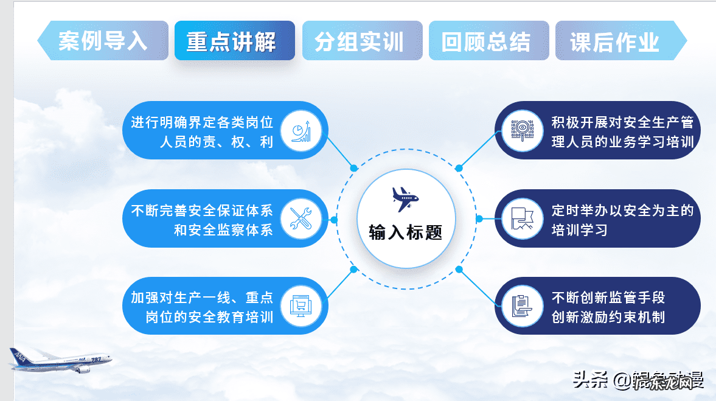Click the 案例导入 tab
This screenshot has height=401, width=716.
(x=103, y=41)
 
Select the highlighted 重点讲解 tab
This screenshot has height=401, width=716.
(x=232, y=41)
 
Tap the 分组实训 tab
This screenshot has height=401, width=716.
(x=360, y=41)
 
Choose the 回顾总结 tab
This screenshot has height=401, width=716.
(x=486, y=41)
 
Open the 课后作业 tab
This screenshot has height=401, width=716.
(x=615, y=41)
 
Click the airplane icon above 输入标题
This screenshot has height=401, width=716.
(x=405, y=198)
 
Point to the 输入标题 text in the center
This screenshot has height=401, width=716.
(x=406, y=231)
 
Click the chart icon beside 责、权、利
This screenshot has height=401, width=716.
(x=301, y=131)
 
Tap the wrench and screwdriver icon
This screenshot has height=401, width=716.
(x=301, y=218)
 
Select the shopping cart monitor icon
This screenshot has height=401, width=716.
(x=301, y=305)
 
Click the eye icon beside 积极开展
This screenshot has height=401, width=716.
(x=523, y=131)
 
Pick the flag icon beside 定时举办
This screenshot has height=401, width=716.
(x=523, y=218)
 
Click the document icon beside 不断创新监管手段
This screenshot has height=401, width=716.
(x=523, y=305)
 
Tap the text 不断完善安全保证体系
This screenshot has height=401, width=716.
(x=202, y=211)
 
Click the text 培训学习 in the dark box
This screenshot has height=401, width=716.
(x=580, y=230)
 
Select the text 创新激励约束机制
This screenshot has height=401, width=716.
(x=608, y=317)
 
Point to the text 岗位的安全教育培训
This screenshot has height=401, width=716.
(x=209, y=317)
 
